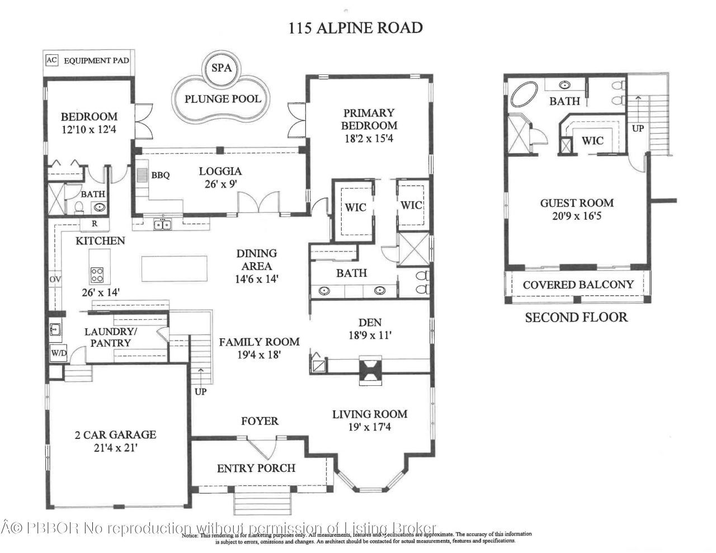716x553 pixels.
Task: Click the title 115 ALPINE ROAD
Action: pyautogui.click(x=355, y=27)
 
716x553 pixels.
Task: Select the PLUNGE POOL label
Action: pyautogui.click(x=223, y=99)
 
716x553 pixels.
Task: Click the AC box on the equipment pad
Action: pyautogui.click(x=51, y=60)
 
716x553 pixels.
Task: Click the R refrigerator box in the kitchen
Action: pyautogui.click(x=95, y=224)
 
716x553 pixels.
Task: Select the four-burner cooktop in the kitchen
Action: pyautogui.click(x=97, y=275)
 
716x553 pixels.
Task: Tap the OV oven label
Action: pyautogui.click(x=55, y=279)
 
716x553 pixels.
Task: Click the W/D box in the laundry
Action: pyautogui.click(x=58, y=353)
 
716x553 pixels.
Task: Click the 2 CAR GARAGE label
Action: pyautogui.click(x=116, y=434)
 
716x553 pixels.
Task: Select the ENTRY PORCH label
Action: pyautogui.click(x=256, y=468)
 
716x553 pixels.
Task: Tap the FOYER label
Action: pyautogui.click(x=260, y=420)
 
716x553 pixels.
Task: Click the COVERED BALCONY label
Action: pyautogui.click(x=578, y=285)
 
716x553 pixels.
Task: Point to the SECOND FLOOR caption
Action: pyautogui.click(x=576, y=318)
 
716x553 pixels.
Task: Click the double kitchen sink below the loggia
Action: pyautogui.click(x=163, y=224)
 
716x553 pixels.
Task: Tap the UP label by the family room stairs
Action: pyautogui.click(x=200, y=391)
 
